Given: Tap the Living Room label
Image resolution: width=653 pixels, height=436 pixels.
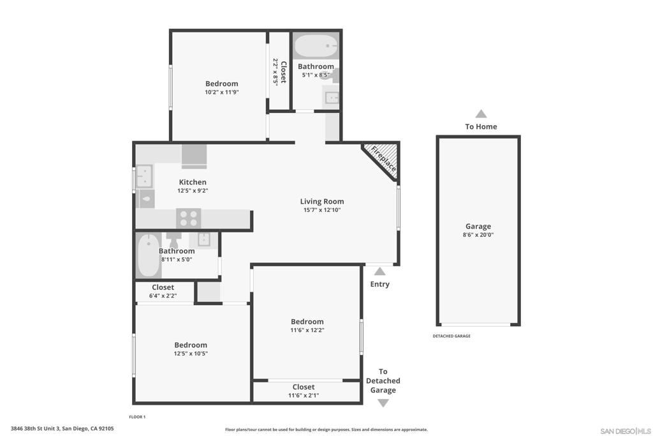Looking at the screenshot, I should point(322,201).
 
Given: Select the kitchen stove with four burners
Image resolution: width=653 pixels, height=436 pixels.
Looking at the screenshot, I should point(188,218).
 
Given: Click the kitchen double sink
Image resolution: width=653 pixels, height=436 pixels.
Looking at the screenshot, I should point(145,176).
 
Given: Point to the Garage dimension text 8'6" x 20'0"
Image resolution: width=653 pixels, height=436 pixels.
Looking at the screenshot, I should point(478,235).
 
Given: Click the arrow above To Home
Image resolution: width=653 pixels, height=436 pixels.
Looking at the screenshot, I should point(481,114).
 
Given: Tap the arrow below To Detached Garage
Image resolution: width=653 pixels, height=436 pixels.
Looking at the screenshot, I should point(383,403).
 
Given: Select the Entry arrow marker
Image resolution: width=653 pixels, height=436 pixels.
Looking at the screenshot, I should point(379,271).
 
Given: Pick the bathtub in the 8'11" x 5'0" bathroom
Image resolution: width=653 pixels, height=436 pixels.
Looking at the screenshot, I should point(149,254).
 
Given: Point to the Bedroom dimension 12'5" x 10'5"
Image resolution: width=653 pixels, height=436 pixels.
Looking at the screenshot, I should point(191,354).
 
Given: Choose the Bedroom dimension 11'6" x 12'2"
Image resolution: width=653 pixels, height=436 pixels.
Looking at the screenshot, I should point(307,330).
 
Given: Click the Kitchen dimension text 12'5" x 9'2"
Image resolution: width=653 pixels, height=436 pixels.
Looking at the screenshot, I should point(192,190).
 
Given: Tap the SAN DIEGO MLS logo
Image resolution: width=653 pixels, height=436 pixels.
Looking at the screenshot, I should point(626,430).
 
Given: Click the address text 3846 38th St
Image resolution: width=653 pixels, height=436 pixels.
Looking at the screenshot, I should point(62,428).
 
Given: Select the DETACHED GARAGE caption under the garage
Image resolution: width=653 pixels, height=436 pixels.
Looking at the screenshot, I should point(451,336).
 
